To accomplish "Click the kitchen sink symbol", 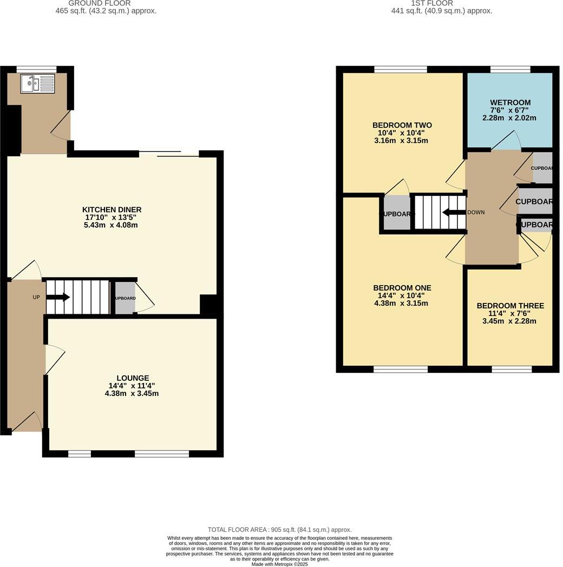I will click(x=37, y=84).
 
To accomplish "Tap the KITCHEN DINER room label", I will click(x=112, y=210).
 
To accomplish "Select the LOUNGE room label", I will click(x=133, y=378).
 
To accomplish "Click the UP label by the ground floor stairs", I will click(x=36, y=297).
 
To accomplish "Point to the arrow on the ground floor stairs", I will click(x=58, y=297).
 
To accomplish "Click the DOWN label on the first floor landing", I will click(x=476, y=212).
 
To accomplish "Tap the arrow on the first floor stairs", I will click(x=454, y=212).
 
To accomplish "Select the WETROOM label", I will click(x=510, y=103).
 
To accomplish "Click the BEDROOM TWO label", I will click(x=402, y=126).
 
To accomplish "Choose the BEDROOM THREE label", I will click(x=510, y=306).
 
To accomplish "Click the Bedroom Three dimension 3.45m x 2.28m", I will click(x=510, y=321).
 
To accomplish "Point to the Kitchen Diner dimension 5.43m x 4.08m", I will click(x=112, y=225).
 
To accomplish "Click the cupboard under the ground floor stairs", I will click(x=125, y=298).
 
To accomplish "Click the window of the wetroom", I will click(x=510, y=69).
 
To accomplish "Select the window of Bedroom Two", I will click(x=401, y=69).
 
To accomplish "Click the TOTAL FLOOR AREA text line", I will click(x=280, y=530).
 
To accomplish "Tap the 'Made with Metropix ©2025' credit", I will click(x=280, y=564).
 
